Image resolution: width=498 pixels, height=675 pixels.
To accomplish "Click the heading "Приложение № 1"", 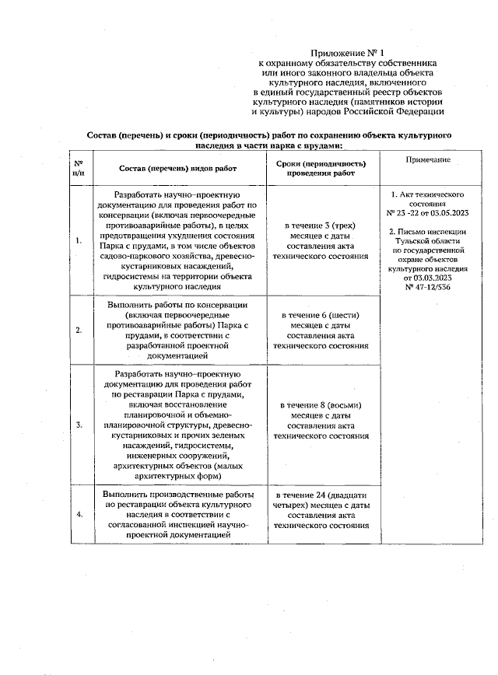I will tap(348, 51).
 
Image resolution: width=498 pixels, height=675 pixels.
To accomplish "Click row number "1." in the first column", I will tap(79, 240).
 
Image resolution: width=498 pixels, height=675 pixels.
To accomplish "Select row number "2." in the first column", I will tap(79, 330).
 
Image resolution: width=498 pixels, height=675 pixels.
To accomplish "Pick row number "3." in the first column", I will tap(79, 425).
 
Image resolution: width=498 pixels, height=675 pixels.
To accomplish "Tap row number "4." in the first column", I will tap(79, 515).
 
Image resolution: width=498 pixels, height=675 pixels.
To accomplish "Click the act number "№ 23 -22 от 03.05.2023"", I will tap(427, 212).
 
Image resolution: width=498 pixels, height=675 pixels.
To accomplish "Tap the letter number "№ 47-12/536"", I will tap(427, 287).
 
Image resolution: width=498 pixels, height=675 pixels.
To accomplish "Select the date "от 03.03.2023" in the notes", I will tap(427, 277).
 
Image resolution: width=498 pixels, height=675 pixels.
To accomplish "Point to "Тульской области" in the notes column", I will tap(427, 241).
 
